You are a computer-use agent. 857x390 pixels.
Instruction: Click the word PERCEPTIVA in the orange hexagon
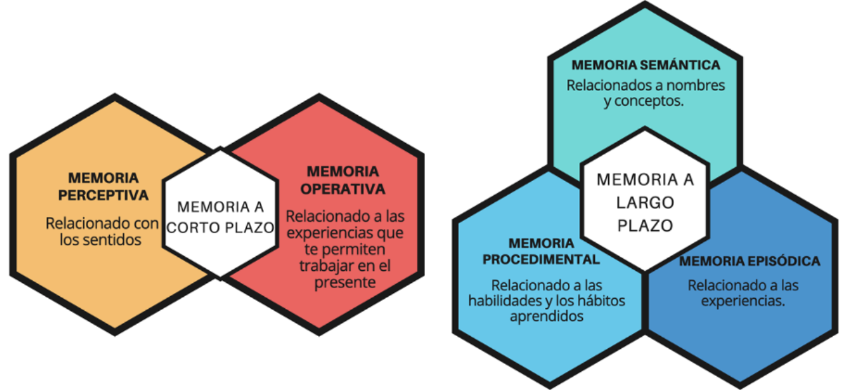tap(103, 195)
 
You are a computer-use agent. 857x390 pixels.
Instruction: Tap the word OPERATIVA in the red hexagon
tap(343, 189)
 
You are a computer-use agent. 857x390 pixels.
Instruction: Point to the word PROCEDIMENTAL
tap(541, 260)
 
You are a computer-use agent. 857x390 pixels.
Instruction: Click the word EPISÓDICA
tap(784, 261)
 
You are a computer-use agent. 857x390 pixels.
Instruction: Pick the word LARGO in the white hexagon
tap(645, 202)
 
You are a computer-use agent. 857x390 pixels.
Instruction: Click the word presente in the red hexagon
tap(345, 283)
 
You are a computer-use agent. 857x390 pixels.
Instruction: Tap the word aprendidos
tap(547, 317)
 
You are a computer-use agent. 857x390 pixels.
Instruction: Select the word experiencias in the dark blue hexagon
tap(743, 301)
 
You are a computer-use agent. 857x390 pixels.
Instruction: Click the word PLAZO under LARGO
tap(645, 226)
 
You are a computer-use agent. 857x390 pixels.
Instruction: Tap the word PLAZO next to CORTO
tap(250, 228)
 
